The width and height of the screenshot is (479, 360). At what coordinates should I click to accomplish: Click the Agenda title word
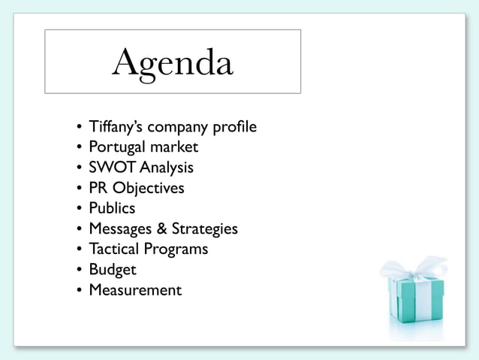172,62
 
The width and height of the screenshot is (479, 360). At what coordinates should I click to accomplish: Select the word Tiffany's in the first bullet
113,126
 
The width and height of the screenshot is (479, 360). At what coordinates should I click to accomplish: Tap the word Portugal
116,147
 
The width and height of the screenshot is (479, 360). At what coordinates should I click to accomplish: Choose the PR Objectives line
136,188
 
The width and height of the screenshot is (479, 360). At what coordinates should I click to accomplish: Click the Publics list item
112,208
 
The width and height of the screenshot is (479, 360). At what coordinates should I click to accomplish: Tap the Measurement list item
135,289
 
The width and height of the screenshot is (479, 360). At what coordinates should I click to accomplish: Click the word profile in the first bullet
234,126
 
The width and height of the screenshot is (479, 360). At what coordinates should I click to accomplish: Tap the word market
173,147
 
